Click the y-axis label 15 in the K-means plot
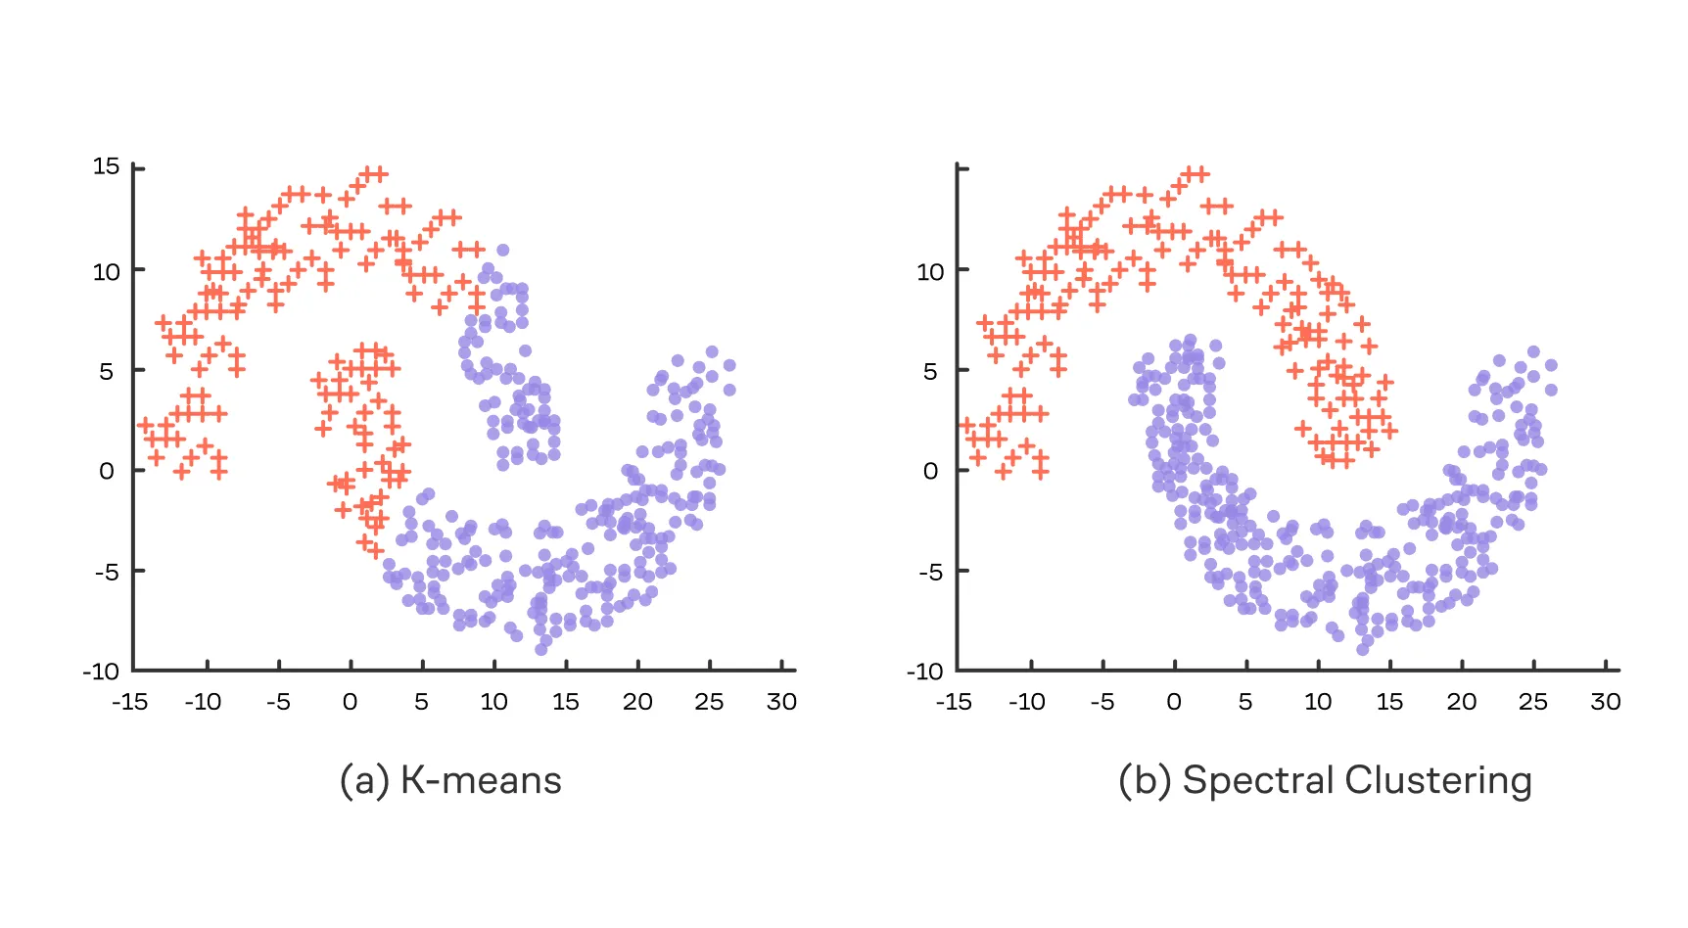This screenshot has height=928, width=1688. (106, 166)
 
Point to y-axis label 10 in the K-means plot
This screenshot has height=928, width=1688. (106, 271)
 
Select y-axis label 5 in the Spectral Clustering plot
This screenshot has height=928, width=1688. (929, 371)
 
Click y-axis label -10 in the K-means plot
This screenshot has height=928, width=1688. (101, 672)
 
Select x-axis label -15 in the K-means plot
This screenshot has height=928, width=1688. (130, 702)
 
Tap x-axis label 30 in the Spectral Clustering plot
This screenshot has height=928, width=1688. (1605, 702)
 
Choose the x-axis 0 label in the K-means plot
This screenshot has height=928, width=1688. (350, 702)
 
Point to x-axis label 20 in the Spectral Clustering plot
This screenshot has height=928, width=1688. (1461, 702)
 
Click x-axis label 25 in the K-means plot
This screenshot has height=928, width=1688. (709, 702)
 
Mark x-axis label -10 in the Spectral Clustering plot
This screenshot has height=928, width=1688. (1027, 702)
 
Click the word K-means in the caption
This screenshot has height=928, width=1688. (481, 780)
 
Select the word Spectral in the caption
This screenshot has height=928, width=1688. (1258, 780)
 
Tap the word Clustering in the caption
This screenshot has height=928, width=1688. (1438, 780)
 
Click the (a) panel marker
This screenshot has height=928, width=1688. (364, 780)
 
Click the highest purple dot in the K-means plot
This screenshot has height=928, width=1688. (502, 251)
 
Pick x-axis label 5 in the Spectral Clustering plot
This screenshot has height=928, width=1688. (1245, 702)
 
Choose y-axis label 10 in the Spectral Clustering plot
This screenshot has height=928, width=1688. (929, 271)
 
